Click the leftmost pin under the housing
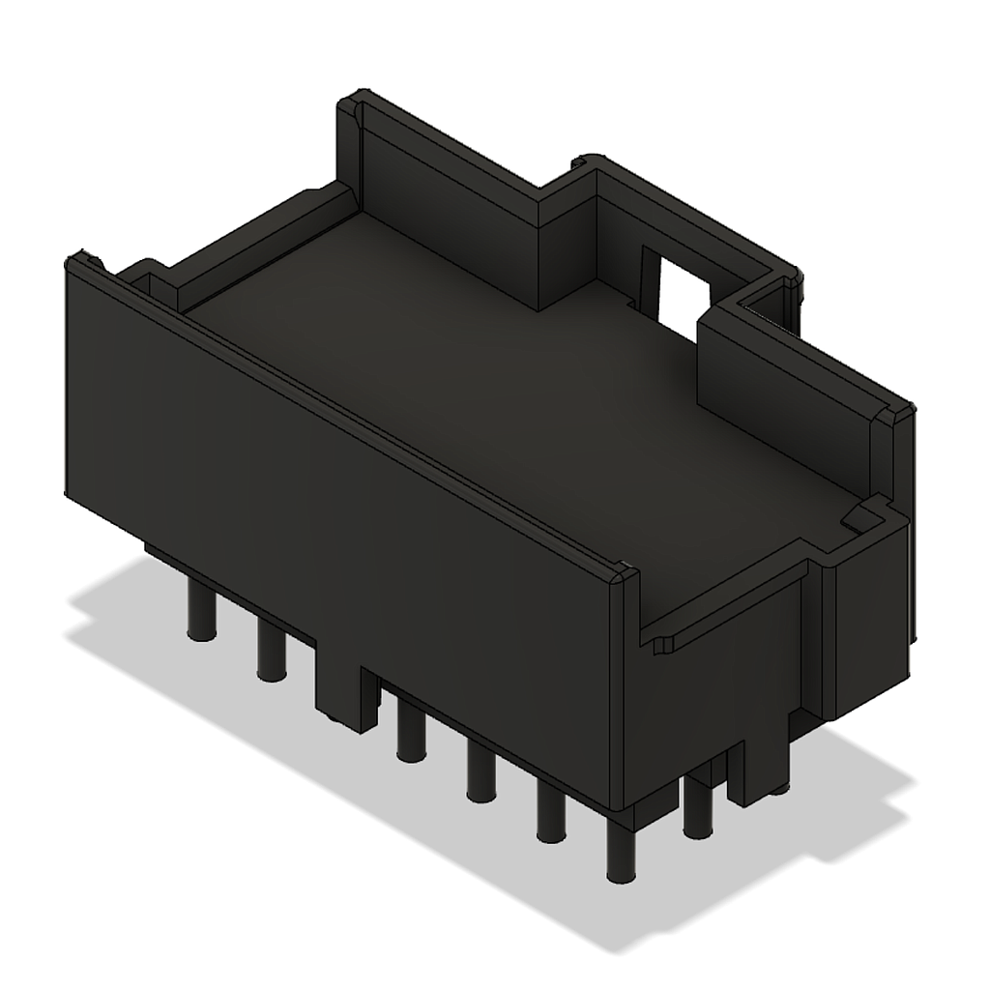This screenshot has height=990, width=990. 201,613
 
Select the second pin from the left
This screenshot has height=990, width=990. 272,652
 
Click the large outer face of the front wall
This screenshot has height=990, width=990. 338,503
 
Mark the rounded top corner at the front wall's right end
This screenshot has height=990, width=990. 624,577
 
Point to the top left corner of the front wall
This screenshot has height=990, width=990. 79,261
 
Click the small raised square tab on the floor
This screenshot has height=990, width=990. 860,516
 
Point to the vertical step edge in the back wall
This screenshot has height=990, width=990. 538,251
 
